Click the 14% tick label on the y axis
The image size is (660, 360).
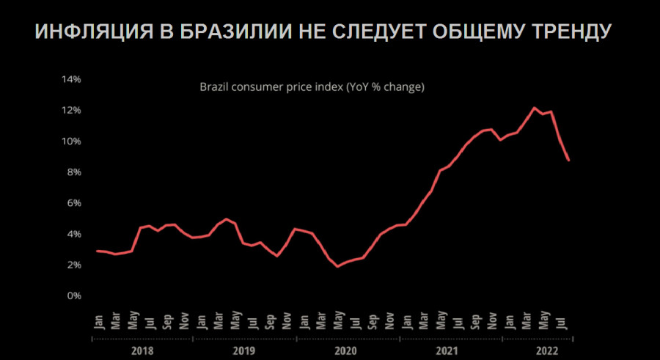70,78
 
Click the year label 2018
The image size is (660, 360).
142,351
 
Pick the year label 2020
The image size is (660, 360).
347,351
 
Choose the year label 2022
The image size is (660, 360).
546,351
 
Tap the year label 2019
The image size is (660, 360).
244,351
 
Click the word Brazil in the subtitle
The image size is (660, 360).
214,87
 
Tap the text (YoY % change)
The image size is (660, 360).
386,87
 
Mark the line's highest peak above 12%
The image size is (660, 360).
534,108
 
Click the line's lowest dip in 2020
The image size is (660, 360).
337,266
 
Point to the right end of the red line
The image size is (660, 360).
569,160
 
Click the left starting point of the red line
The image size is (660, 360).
98,251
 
